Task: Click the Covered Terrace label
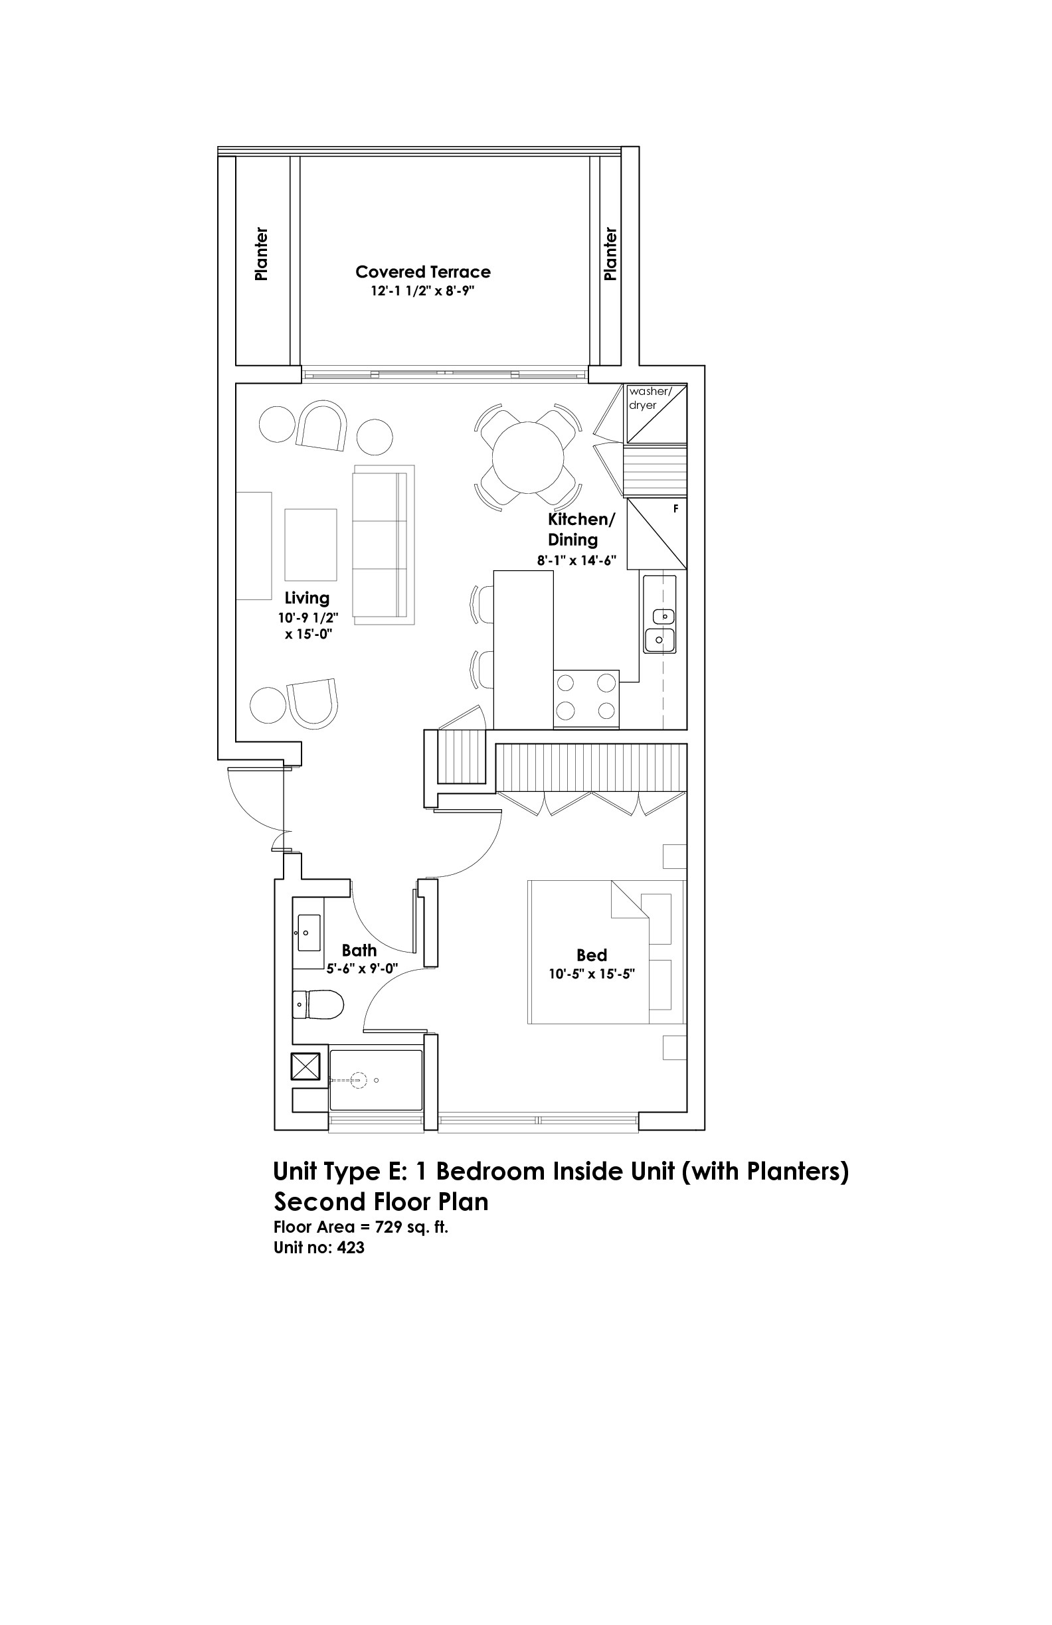pyautogui.click(x=423, y=271)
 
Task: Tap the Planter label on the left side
pyautogui.click(x=261, y=254)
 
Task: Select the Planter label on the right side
pyautogui.click(x=610, y=254)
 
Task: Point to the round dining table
pyautogui.click(x=528, y=457)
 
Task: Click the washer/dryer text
pyautogui.click(x=650, y=398)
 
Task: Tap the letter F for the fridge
pyautogui.click(x=675, y=508)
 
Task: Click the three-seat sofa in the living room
pyautogui.click(x=383, y=544)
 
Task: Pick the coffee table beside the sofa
pyautogui.click(x=311, y=544)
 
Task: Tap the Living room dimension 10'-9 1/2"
pyautogui.click(x=308, y=618)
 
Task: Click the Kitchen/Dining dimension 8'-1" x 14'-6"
pyautogui.click(x=576, y=560)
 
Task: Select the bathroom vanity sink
pyautogui.click(x=309, y=932)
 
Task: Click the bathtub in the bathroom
pyautogui.click(x=376, y=1080)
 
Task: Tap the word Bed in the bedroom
pyautogui.click(x=592, y=955)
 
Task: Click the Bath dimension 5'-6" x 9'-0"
pyautogui.click(x=362, y=968)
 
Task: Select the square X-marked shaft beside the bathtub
pyautogui.click(x=306, y=1067)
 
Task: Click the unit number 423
pyautogui.click(x=351, y=1247)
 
